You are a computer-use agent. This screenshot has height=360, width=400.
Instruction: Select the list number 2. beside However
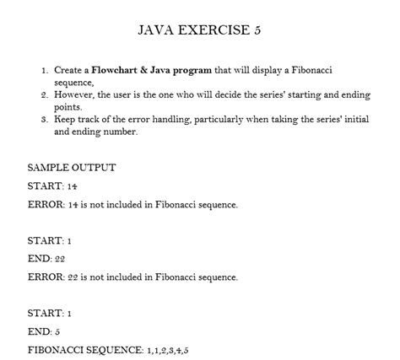(x=45, y=96)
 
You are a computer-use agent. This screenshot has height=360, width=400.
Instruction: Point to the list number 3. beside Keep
(x=45, y=120)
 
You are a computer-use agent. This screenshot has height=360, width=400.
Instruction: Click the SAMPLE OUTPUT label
(x=71, y=167)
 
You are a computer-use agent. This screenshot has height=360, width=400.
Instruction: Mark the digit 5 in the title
(x=268, y=30)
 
